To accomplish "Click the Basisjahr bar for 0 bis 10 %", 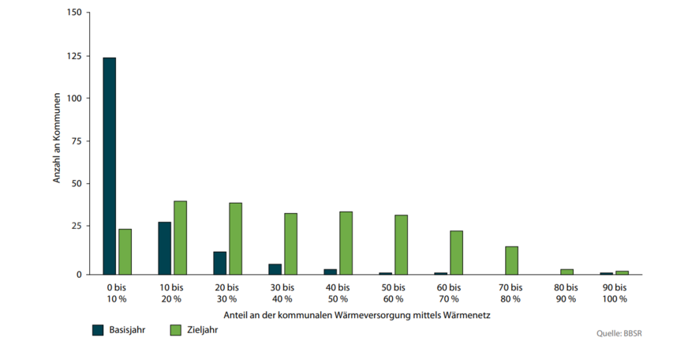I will click(x=109, y=166).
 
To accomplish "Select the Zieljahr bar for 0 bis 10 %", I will click(x=125, y=251).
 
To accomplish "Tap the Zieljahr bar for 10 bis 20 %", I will click(x=180, y=237).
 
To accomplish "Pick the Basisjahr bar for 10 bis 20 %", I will click(x=164, y=248).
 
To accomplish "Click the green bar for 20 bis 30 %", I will click(x=235, y=238).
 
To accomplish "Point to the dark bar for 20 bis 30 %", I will click(x=219, y=263).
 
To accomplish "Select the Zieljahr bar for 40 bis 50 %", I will click(x=346, y=242).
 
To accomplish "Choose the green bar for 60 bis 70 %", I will click(x=456, y=252).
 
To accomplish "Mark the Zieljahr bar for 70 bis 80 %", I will click(x=511, y=260).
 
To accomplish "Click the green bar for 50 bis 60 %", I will click(x=401, y=244).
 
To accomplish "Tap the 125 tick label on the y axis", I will click(x=73, y=56).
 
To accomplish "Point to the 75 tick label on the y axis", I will click(x=76, y=141).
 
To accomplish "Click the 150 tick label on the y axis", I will click(x=73, y=13).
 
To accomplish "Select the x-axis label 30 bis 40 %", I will click(x=282, y=293).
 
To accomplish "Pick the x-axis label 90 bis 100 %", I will click(x=614, y=293).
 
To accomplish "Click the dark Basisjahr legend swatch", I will click(x=98, y=330).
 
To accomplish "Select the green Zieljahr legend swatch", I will click(x=175, y=330).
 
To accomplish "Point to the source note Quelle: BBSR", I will click(x=625, y=334).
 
